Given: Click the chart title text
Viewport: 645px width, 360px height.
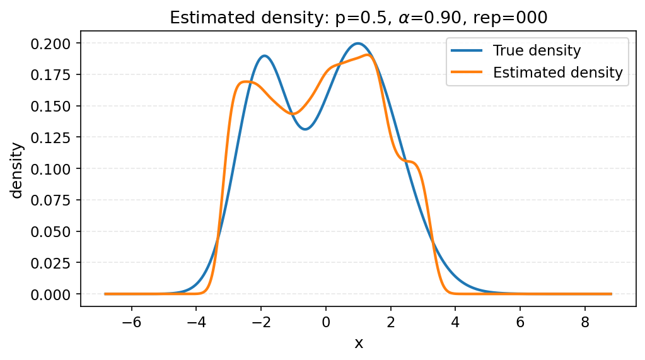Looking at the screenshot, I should point(359,18).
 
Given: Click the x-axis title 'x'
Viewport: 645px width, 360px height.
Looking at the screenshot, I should point(359,343).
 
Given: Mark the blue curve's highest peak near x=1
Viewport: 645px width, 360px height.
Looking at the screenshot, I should point(358,44).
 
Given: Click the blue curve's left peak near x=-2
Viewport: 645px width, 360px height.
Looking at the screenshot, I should point(264,55).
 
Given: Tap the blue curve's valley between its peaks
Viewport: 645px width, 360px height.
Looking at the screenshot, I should point(305,129).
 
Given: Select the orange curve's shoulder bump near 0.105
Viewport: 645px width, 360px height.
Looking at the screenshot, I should point(413,162).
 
